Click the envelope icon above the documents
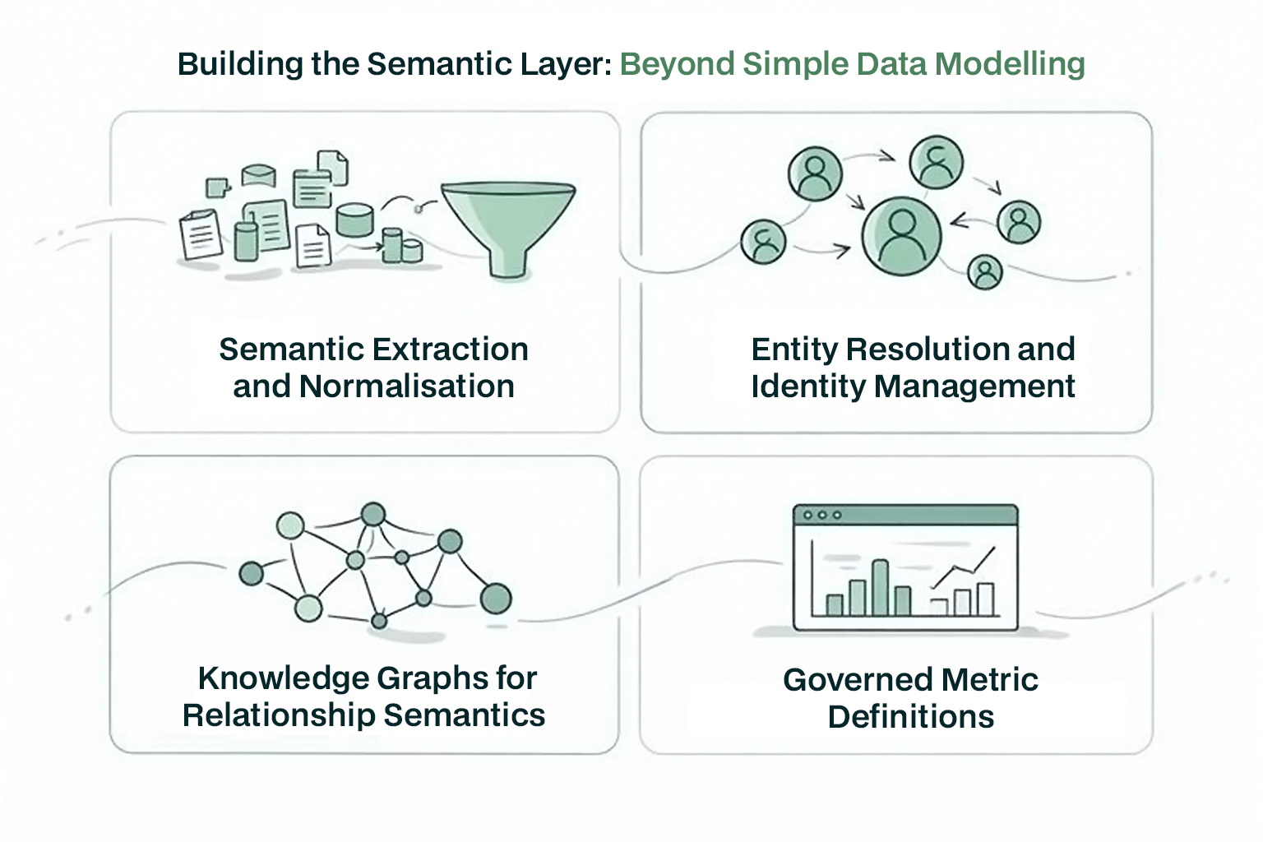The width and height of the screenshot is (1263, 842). pos(259,175)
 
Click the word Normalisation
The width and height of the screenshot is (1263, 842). pos(407,386)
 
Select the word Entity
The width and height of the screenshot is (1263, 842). pos(794,349)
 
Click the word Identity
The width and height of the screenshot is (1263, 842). pos(807,386)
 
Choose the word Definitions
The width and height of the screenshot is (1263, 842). pos(910,717)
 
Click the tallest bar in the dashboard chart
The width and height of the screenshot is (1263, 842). pos(880,588)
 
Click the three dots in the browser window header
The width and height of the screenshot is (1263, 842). pos(822,516)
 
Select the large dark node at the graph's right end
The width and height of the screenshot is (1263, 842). pos(495,599)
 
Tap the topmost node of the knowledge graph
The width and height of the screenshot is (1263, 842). pos(373,515)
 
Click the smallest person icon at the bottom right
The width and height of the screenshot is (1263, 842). pos(984,272)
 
